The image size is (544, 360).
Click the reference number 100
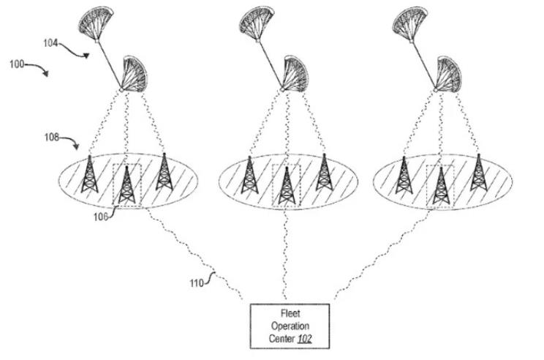click(x=17, y=64)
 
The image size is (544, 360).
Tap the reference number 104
click(x=50, y=43)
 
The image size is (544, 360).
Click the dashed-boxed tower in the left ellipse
click(x=127, y=185)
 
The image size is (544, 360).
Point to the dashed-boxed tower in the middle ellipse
click(x=285, y=185)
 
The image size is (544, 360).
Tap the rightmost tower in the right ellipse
click(x=478, y=173)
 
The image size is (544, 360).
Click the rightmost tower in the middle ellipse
click(x=322, y=174)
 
